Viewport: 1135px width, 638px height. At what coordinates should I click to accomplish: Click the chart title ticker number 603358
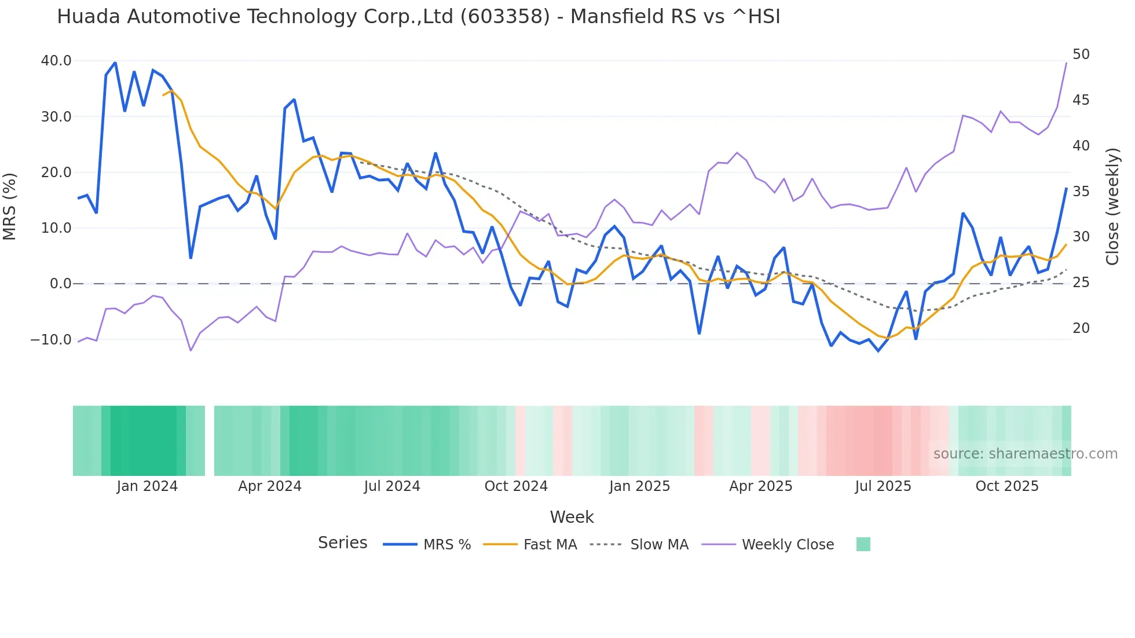click(504, 17)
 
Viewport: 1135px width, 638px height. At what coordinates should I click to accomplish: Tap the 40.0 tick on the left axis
click(56, 61)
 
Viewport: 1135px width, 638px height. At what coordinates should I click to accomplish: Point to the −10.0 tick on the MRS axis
click(51, 340)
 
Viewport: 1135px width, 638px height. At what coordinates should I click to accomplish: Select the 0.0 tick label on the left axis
click(60, 284)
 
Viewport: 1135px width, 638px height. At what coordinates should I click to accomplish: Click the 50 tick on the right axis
click(1081, 54)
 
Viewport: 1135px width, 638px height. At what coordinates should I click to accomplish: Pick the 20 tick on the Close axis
click(1081, 328)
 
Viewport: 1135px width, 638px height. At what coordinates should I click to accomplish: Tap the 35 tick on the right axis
click(1081, 192)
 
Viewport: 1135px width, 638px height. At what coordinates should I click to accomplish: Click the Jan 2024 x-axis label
click(147, 486)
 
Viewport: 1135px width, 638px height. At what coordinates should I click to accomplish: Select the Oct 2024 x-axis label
click(516, 486)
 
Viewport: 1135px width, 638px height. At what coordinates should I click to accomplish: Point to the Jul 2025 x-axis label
click(883, 486)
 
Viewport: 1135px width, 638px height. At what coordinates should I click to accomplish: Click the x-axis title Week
click(572, 517)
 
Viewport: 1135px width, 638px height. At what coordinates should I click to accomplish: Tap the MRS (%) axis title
click(10, 206)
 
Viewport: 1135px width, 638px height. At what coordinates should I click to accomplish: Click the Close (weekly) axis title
click(1112, 207)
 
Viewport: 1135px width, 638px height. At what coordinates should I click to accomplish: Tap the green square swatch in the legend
click(863, 544)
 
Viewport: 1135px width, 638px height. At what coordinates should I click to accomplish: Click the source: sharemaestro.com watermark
click(1025, 454)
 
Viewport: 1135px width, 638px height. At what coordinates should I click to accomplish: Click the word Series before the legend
click(342, 543)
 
